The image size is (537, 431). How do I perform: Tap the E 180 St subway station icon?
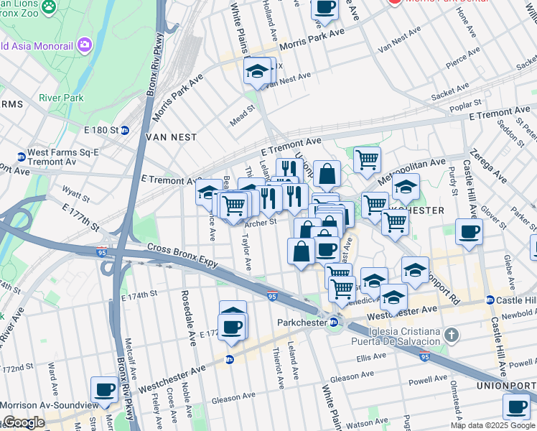coord(124,130)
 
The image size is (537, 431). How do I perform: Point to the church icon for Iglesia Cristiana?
coord(451,335)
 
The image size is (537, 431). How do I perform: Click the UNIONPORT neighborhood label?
coord(506,386)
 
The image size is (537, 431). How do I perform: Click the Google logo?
coord(23,422)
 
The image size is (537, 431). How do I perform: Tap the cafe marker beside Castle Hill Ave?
coord(469,232)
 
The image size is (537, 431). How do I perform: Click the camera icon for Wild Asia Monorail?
coord(85,45)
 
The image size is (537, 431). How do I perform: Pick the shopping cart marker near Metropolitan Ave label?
coord(367,159)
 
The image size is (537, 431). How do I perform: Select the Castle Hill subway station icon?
coord(490,300)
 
